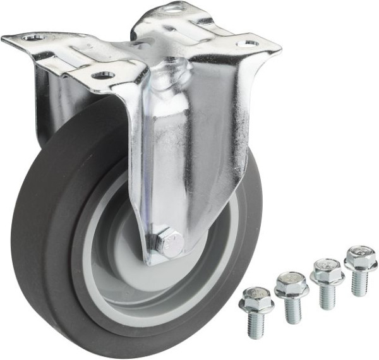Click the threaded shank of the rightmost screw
coord(359,283)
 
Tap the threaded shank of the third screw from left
coord(327,296)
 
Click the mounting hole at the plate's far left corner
coord(32,38)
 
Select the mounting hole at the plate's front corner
coord(103,75)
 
